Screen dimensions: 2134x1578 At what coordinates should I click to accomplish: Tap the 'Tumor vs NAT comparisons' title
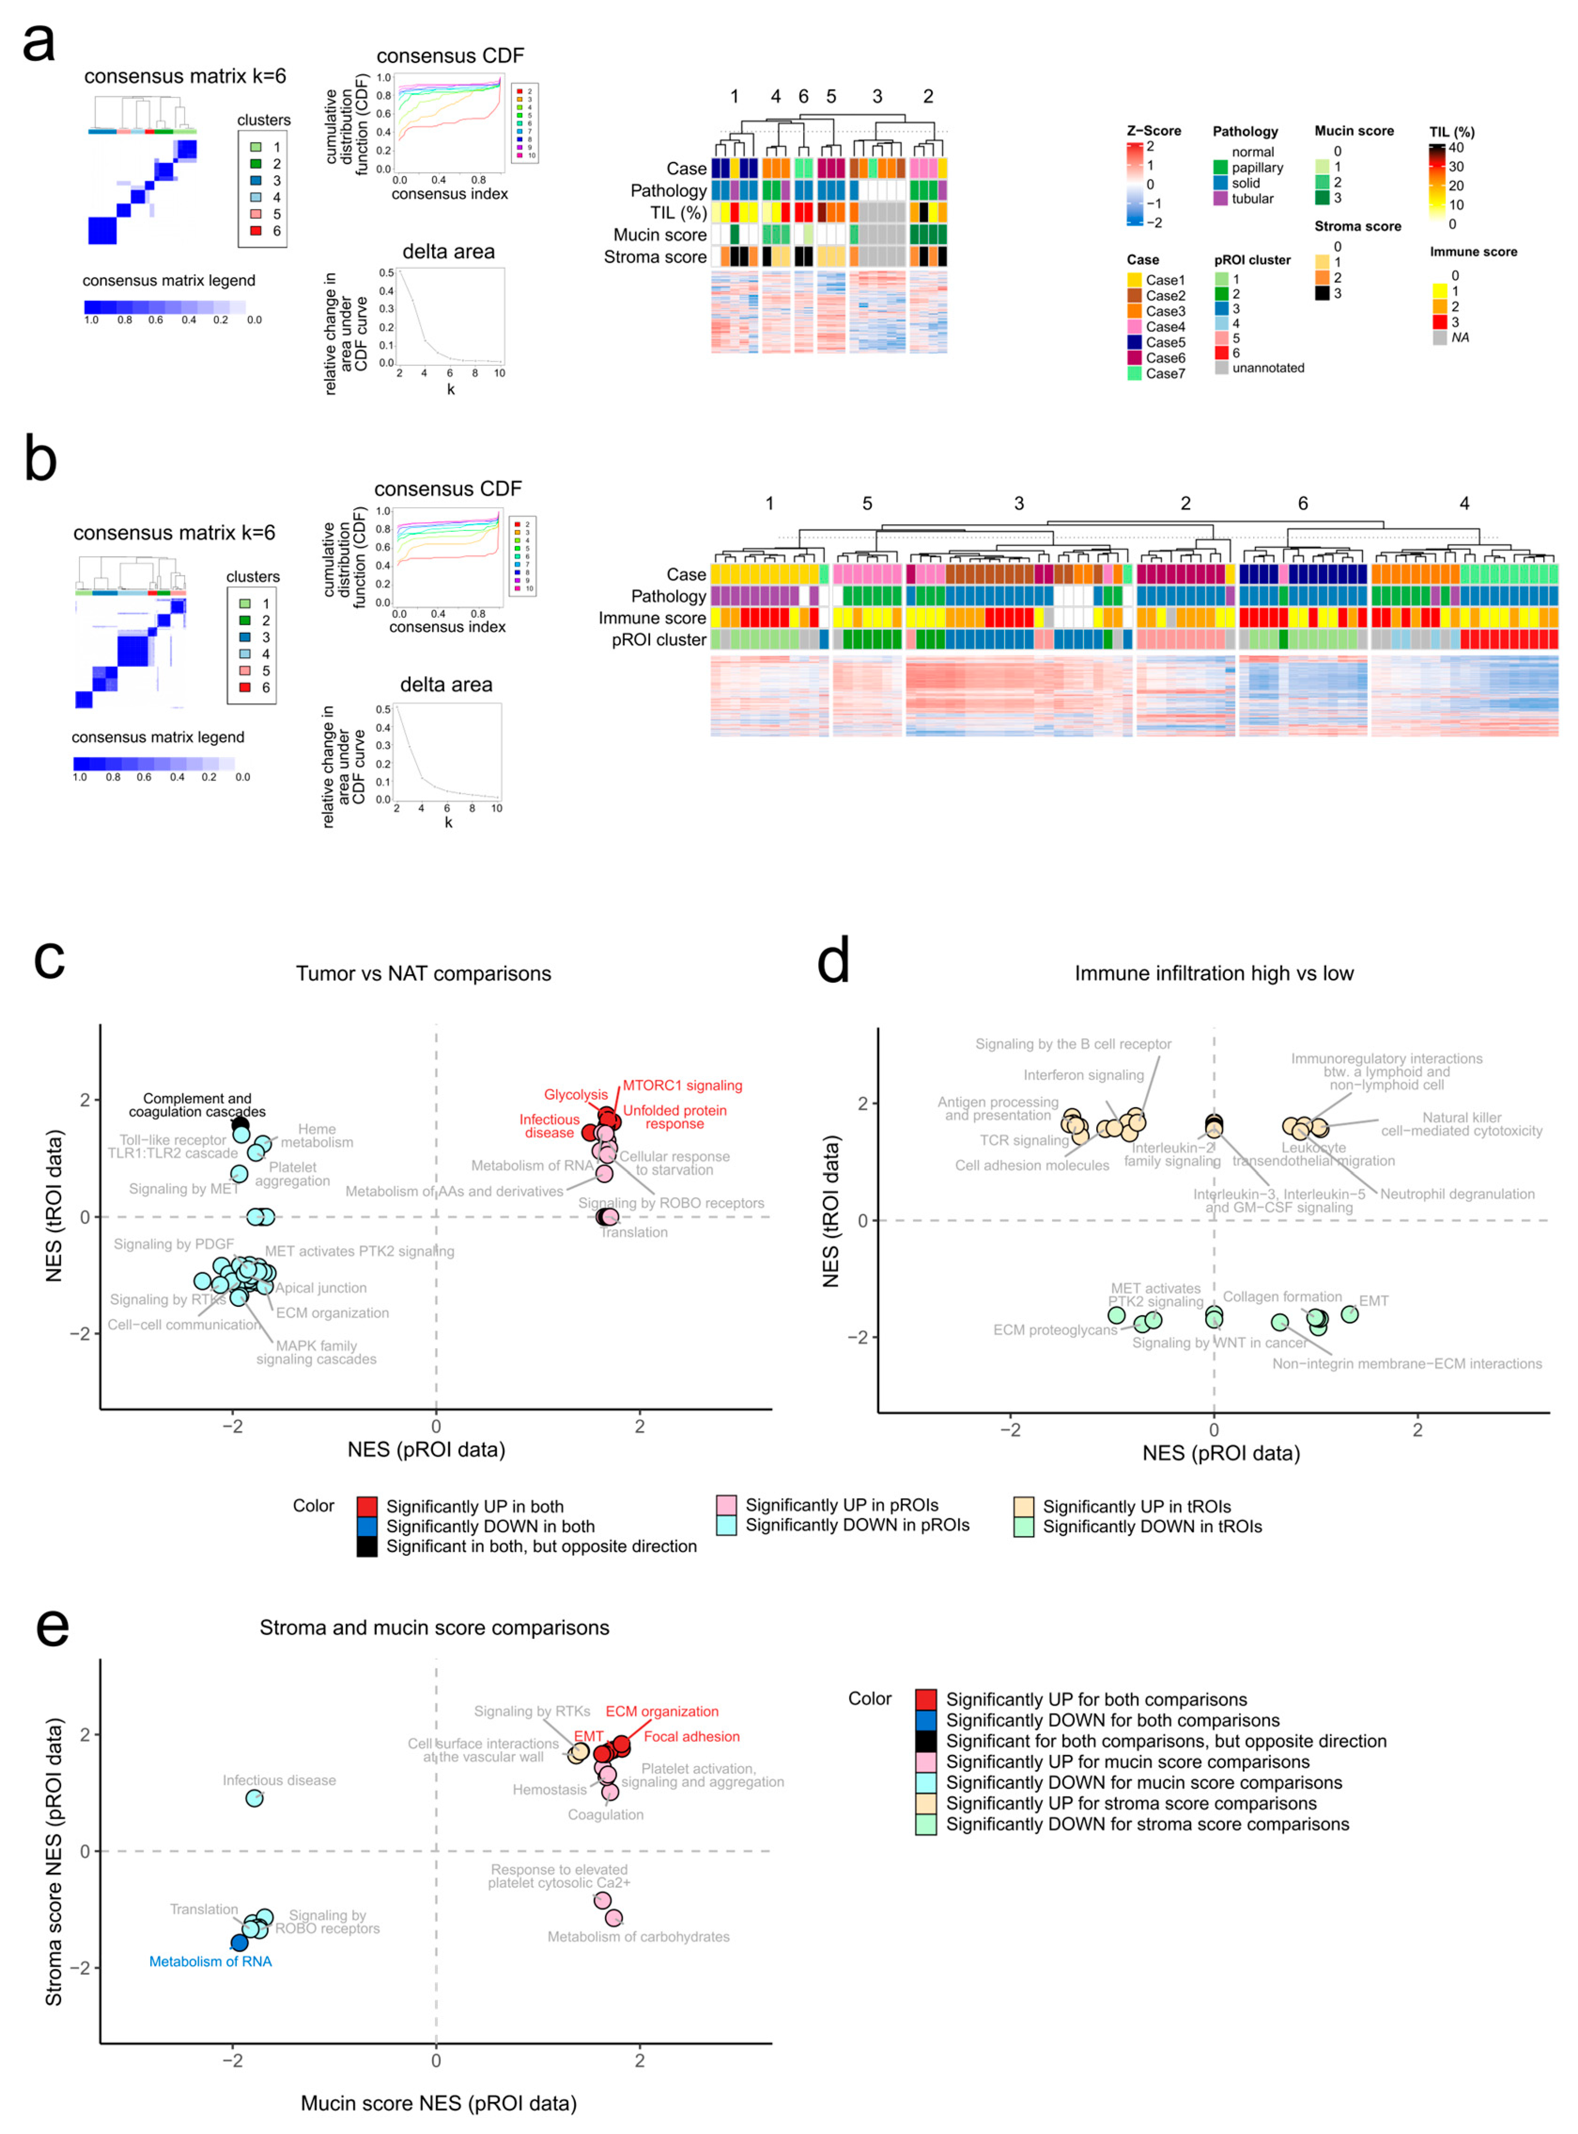(423, 973)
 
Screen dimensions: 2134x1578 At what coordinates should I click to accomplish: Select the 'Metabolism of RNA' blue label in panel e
(210, 1961)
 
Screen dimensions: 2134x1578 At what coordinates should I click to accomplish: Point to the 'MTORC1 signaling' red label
(682, 1085)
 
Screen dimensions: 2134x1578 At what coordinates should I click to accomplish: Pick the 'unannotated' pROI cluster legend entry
(1268, 368)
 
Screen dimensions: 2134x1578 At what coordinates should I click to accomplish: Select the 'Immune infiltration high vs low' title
(1213, 973)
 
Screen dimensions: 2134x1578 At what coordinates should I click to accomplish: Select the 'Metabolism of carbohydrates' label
(638, 1936)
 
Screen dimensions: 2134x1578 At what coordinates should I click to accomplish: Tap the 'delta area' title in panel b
(446, 685)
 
